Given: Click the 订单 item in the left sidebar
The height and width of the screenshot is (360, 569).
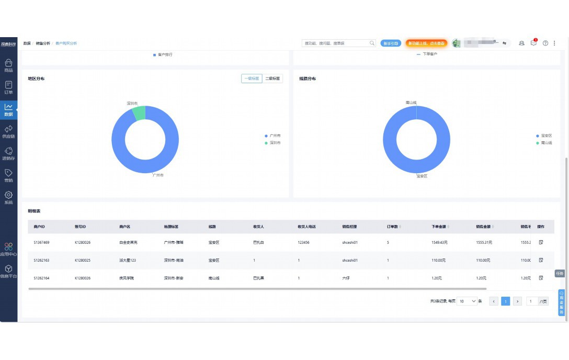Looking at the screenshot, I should click(x=8, y=87).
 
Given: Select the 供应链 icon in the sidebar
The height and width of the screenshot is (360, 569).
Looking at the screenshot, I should click(x=8, y=131).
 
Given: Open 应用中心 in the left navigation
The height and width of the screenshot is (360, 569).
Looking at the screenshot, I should click(x=8, y=249).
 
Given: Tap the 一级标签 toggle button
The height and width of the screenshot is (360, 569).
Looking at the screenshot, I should click(x=252, y=78).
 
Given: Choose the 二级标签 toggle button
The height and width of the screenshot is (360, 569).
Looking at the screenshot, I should click(x=272, y=78).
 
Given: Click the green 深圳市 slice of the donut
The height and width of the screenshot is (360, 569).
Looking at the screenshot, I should click(x=139, y=113).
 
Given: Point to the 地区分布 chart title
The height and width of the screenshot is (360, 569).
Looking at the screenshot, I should click(x=36, y=78).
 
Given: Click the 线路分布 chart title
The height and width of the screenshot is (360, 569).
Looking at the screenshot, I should click(x=308, y=78).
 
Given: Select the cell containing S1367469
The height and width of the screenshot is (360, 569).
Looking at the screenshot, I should click(x=42, y=243).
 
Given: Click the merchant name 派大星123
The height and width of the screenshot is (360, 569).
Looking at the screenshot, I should click(x=128, y=260).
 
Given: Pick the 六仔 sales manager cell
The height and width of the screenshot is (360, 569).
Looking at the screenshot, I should click(x=346, y=278).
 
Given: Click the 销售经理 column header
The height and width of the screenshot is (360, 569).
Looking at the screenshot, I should click(x=349, y=227).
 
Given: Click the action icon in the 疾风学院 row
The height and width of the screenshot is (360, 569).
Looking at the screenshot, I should click(x=541, y=278).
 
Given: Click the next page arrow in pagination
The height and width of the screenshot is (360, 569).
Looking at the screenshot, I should click(x=517, y=301).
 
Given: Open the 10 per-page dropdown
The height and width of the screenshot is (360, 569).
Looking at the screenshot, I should click(x=467, y=301).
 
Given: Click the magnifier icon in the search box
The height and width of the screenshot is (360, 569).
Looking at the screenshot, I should click(x=372, y=43).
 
